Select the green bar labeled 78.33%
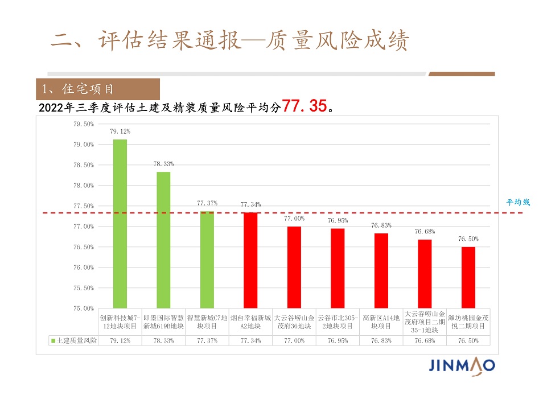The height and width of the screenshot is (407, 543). pos(163,240)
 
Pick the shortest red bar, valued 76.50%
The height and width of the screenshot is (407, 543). pos(468,277)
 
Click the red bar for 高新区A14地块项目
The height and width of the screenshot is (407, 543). pos(381,270)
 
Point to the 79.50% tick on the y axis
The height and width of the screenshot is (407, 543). pos(84,124)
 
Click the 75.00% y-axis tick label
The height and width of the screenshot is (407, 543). pos(84,308)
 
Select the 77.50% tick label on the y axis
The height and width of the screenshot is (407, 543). pos(84,205)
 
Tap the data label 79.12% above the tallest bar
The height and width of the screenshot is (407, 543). pos(120,131)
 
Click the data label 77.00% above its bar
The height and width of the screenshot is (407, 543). pos(294,218)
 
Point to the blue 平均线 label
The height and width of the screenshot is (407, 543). pos(518,202)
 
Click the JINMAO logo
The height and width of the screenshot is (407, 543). pos(462,365)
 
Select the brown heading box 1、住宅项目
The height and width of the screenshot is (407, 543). pos(98,89)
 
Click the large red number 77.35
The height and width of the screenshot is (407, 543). pos(304,106)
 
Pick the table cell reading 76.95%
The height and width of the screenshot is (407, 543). pos(338,340)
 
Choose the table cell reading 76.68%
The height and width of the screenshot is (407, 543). pos(425,340)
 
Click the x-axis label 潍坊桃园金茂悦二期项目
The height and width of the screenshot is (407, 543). pos(468,322)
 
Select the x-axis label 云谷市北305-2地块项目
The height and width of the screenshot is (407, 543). pos(338,322)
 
